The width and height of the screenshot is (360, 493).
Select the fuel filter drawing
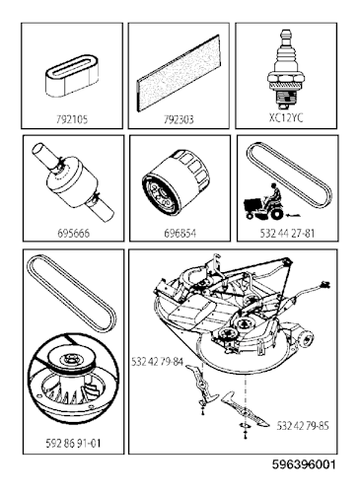(73, 182)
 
